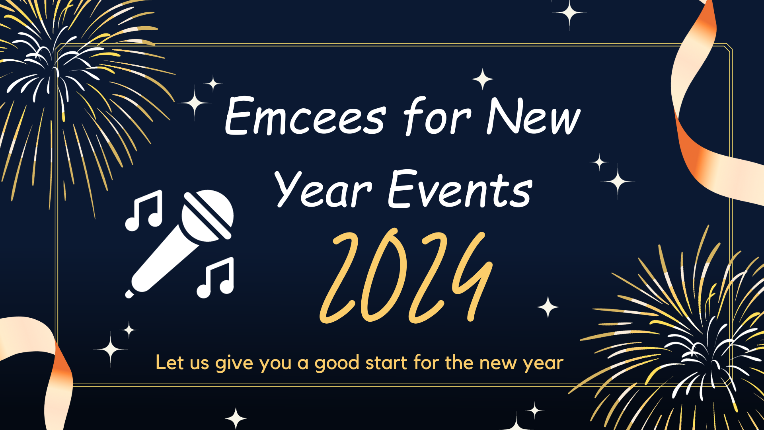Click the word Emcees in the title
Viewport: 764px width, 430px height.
click(305, 116)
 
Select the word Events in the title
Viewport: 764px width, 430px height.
click(460, 189)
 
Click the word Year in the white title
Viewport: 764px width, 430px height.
click(323, 189)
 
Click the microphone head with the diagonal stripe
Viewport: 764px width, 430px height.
click(207, 215)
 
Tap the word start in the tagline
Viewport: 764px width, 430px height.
click(386, 363)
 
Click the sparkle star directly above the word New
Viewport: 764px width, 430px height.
click(483, 79)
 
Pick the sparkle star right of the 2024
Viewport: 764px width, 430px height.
click(548, 307)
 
